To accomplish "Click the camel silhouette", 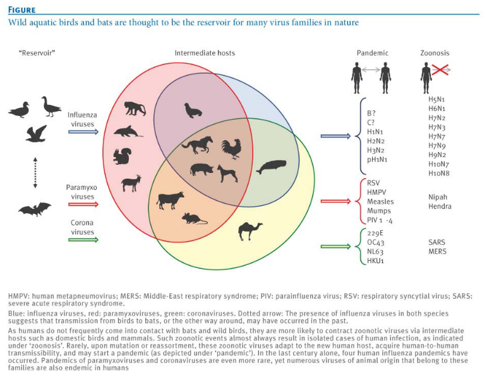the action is click(x=250, y=231).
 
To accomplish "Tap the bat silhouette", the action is click(x=35, y=209).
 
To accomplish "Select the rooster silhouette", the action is click(x=232, y=149).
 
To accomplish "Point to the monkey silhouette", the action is click(x=135, y=109).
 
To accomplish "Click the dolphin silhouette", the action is click(x=128, y=131).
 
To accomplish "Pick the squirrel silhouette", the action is click(x=122, y=156).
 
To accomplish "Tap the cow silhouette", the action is click(x=170, y=200).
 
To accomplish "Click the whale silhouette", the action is click(x=271, y=167).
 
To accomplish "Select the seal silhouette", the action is click(x=193, y=110).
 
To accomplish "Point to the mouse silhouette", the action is click(x=194, y=218).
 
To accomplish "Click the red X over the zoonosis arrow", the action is click(x=440, y=69).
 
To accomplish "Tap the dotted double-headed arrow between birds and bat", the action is click(x=35, y=172).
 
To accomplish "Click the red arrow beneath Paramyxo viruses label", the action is click(x=83, y=204).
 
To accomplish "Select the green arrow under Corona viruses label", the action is click(x=83, y=239).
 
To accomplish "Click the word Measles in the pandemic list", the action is click(x=380, y=202).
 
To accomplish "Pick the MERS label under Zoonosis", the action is click(x=437, y=251).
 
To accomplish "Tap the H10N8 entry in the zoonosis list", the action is click(x=439, y=173).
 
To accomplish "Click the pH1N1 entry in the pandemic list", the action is click(x=377, y=160).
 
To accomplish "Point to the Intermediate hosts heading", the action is click(x=205, y=53).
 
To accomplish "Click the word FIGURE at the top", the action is click(x=21, y=10).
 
